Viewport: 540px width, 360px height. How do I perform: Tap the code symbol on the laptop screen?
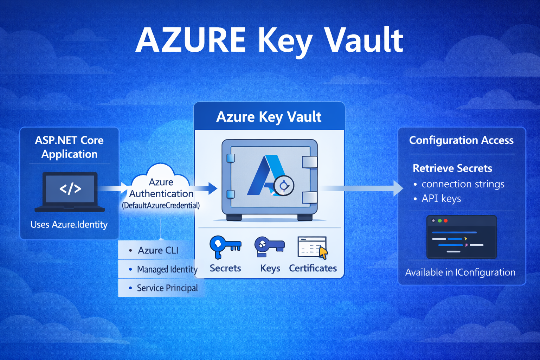click(70, 189)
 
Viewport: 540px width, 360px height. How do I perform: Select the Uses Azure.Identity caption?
click(69, 224)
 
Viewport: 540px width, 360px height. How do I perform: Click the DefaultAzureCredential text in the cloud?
click(161, 205)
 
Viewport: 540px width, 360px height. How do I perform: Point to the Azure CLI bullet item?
click(158, 250)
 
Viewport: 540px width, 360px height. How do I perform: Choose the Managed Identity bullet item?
click(167, 269)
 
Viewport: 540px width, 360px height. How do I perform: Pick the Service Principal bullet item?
click(167, 288)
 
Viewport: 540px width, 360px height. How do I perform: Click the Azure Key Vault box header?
click(269, 117)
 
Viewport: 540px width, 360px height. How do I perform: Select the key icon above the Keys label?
click(269, 245)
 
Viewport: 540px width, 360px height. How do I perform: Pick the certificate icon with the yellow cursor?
click(313, 247)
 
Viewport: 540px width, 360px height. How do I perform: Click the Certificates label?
click(313, 268)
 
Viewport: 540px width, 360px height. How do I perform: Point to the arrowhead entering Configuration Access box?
click(398, 188)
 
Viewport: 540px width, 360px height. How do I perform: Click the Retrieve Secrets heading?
click(452, 168)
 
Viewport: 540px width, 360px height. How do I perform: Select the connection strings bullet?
click(463, 184)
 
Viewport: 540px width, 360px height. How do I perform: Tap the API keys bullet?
click(441, 198)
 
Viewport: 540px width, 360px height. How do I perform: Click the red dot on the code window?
click(446, 221)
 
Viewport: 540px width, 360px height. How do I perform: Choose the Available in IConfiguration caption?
click(460, 272)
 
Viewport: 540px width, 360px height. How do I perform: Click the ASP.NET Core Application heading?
click(69, 147)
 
